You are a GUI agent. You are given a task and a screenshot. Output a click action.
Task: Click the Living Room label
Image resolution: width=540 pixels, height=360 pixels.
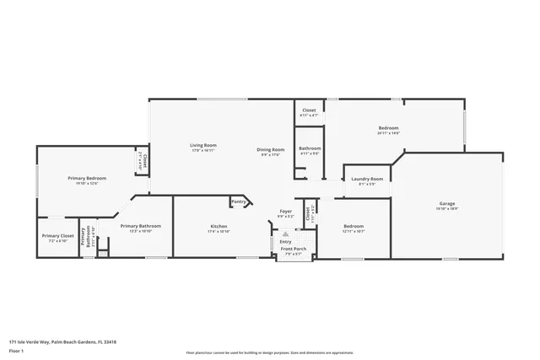pyautogui.click(x=202, y=145)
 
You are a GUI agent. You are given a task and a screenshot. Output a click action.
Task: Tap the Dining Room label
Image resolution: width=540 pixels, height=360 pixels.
pyautogui.click(x=271, y=149)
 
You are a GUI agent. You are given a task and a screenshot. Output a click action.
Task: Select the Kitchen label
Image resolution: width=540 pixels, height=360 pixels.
pyautogui.click(x=219, y=226)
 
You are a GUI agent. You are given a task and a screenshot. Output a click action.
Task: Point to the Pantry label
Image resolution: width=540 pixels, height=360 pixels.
pyautogui.click(x=239, y=201)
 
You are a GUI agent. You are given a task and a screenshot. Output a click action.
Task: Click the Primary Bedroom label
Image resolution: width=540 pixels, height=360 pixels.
pyautogui.click(x=87, y=178)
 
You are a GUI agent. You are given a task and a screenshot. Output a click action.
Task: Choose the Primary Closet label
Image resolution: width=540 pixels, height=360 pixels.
pyautogui.click(x=57, y=236)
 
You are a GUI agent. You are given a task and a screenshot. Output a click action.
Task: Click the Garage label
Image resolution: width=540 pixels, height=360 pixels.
pyautogui.click(x=447, y=203)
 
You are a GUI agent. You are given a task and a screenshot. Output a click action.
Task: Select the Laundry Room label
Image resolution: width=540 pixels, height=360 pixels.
pyautogui.click(x=367, y=179)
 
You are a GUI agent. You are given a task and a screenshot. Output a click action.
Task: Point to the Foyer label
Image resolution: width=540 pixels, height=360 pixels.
pyautogui.click(x=286, y=212)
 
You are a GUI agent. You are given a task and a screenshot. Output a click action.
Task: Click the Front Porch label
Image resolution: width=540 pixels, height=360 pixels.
pyautogui.click(x=293, y=249)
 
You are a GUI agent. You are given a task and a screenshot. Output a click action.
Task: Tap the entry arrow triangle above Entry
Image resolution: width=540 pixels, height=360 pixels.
pyautogui.click(x=285, y=234)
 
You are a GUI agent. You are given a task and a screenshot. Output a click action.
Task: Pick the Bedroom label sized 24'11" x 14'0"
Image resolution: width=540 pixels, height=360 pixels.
pyautogui.click(x=388, y=128)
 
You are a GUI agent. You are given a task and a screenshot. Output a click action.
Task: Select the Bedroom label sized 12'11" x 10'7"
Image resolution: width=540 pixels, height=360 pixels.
pyautogui.click(x=353, y=226)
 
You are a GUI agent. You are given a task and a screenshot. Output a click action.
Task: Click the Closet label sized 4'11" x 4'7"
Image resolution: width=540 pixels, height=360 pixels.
pyautogui.click(x=309, y=110)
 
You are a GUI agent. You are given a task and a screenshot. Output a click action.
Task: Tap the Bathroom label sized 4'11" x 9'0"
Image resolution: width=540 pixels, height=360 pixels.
pyautogui.click(x=310, y=148)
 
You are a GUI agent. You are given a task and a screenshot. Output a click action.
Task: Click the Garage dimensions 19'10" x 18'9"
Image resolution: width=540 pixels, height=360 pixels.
pyautogui.click(x=447, y=208)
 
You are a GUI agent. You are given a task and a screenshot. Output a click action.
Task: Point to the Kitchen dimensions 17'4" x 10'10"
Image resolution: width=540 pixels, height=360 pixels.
pyautogui.click(x=219, y=231)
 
